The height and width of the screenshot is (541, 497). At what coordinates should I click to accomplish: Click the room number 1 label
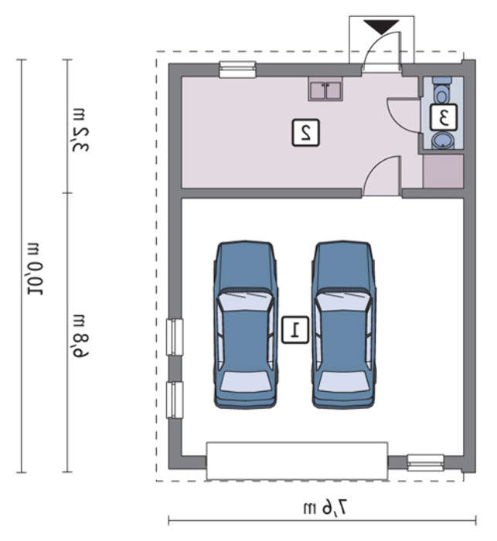pos(295,330)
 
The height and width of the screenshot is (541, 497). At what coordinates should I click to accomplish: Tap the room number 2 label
pos(306,133)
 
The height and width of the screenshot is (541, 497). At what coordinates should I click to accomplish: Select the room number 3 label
pos(444,117)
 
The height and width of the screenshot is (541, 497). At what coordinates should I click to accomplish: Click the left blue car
pos(245,325)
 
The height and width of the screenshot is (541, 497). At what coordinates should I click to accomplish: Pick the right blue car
pos(343,325)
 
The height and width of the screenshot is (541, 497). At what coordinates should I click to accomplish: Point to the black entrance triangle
pos(381,27)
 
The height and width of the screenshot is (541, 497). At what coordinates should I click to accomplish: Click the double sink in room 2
pos(326,89)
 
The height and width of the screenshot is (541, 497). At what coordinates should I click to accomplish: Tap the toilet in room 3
pos(441,90)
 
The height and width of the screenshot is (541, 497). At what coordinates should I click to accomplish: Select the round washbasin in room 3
pos(442,141)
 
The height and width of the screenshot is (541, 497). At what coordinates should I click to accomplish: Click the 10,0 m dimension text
pos(36,269)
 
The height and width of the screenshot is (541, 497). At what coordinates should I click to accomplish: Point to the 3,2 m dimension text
pos(80,130)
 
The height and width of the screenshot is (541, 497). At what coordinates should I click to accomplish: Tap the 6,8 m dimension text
pos(80,336)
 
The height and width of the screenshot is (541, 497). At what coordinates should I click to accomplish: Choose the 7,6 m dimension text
pos(325,508)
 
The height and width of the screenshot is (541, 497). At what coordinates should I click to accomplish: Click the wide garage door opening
pos(297,461)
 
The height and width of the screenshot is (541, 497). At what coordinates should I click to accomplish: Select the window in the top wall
pos(237,70)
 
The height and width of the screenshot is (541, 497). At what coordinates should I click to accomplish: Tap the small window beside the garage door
pos(425,463)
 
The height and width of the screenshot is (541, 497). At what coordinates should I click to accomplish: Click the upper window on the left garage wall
pos(175,337)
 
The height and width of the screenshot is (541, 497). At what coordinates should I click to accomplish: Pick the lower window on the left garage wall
pos(175,400)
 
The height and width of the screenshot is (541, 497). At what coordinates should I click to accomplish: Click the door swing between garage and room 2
pos(383,176)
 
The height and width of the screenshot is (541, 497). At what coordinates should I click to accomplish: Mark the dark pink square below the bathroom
pos(443,172)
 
